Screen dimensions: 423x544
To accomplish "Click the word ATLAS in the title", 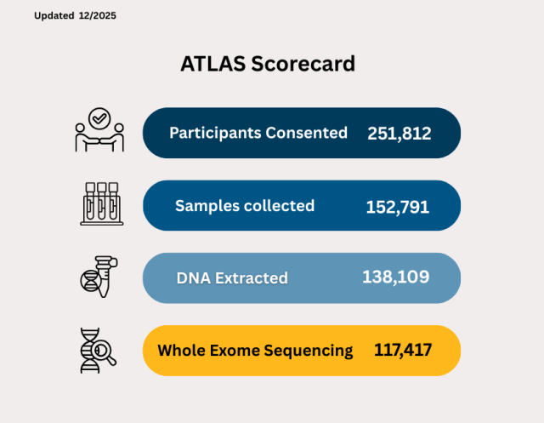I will click(212, 64).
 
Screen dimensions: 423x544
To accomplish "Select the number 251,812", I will click(399, 134).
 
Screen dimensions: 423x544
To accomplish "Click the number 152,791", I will click(398, 207).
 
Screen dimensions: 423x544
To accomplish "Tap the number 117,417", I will click(403, 350).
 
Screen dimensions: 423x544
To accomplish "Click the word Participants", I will click(216, 133).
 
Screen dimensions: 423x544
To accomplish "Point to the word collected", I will click(278, 206).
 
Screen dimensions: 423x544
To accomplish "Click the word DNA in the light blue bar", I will click(195, 278).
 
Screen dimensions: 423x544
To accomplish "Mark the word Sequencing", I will click(311, 351).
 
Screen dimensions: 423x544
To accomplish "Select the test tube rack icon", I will click(100, 204).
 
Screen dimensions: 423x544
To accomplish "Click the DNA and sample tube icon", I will click(96, 277).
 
